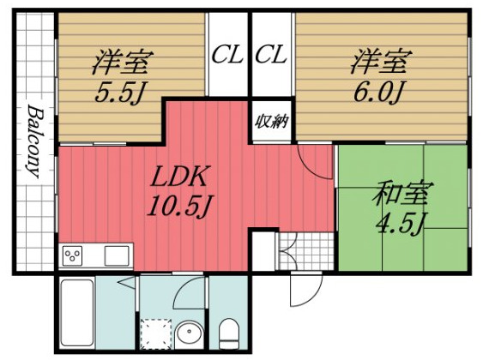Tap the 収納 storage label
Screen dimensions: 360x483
270,121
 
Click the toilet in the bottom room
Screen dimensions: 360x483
229,333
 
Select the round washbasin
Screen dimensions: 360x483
189,333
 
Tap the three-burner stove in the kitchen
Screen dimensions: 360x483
73,255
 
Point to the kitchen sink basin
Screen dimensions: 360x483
117,255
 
